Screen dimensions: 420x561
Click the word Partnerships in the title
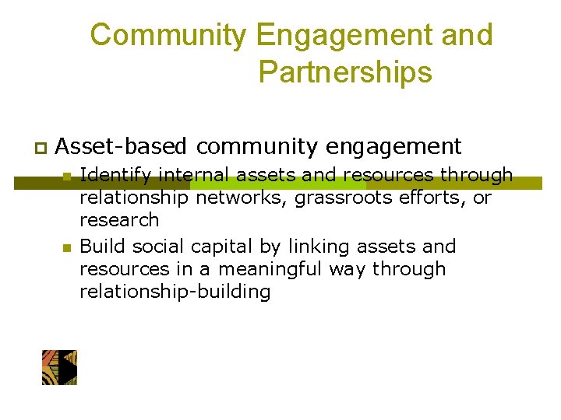pyautogui.click(x=345, y=72)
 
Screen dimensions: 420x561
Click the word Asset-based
pyautogui.click(x=122, y=146)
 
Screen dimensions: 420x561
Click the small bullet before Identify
pyautogui.click(x=67, y=176)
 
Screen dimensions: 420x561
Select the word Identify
pyautogui.click(x=111, y=175)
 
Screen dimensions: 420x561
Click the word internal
pyautogui.click(x=189, y=175)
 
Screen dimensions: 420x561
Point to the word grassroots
pyautogui.click(x=339, y=198)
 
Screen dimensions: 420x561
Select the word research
pyautogui.click(x=119, y=220)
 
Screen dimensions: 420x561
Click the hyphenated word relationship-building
pyautogui.click(x=175, y=292)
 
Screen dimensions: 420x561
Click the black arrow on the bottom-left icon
pyautogui.click(x=69, y=368)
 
